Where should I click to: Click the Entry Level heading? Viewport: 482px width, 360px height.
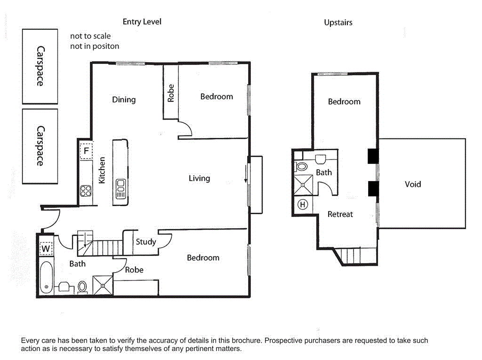142,22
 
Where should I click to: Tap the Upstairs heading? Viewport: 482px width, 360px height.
338,22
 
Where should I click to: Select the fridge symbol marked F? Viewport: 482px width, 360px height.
86,151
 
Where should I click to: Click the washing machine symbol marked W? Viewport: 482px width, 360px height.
46,248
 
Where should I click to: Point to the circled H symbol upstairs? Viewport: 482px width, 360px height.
303,204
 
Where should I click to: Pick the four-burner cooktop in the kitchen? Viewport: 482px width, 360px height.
86,191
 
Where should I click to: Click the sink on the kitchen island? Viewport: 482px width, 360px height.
120,188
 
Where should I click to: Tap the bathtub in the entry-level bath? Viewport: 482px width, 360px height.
46,278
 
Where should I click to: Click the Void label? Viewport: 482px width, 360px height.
413,184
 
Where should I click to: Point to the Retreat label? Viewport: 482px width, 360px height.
340,214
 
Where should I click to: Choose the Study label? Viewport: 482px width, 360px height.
145,242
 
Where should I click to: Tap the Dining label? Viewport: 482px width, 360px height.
124,99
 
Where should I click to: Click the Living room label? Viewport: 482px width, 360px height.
199,178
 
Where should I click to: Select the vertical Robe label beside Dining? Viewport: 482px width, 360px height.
171,93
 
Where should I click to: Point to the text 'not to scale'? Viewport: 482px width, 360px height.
90,36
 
